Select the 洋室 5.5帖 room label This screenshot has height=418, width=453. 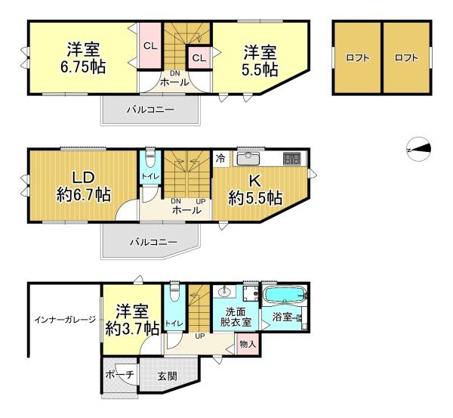pyautogui.click(x=259, y=61)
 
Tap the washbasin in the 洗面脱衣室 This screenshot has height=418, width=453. pyautogui.click(x=224, y=293)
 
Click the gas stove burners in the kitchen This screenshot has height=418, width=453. pyautogui.click(x=291, y=159)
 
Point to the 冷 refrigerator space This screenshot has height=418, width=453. pyautogui.click(x=220, y=159)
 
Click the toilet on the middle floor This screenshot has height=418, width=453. pyautogui.click(x=149, y=160)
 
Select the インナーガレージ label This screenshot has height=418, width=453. pyautogui.click(x=64, y=320)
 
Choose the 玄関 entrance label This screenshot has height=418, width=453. pyautogui.click(x=168, y=376)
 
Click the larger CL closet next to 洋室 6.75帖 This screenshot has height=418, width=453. pyautogui.click(x=149, y=46)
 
